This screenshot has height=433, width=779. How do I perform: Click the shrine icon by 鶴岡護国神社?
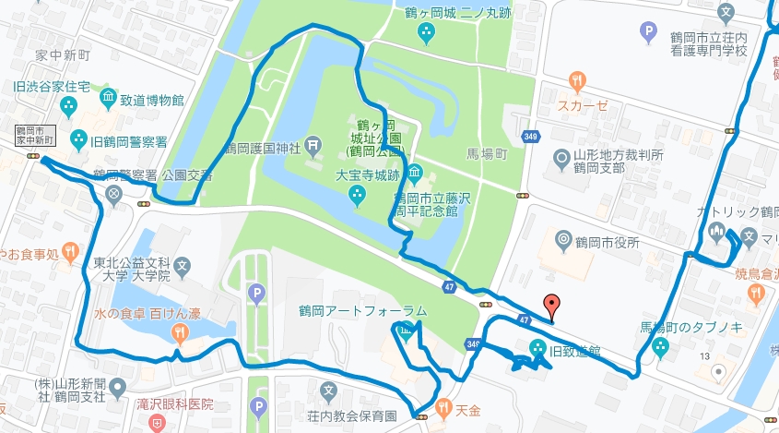click(x=313, y=144)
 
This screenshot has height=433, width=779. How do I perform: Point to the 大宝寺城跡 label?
click(x=392, y=173)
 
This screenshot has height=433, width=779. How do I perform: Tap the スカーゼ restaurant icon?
click(x=577, y=80)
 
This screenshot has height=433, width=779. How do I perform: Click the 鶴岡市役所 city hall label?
click(x=607, y=242)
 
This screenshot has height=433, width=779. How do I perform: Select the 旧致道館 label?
click(x=575, y=350)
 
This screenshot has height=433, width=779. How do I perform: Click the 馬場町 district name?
click(x=487, y=156)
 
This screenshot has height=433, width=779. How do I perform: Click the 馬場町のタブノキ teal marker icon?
click(x=659, y=348)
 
